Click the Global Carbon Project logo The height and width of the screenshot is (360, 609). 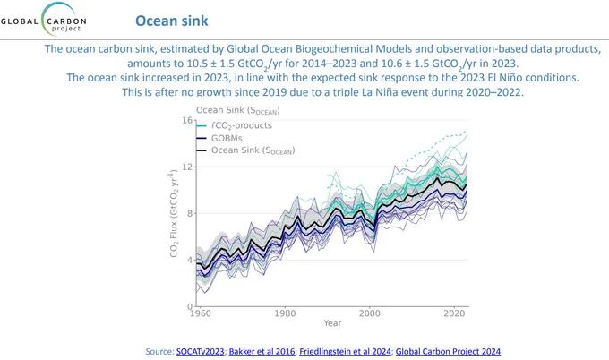44,20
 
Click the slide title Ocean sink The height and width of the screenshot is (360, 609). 172,21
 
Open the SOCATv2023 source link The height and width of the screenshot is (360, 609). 200,351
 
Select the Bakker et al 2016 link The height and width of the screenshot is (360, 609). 262,351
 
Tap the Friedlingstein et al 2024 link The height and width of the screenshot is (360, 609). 345,351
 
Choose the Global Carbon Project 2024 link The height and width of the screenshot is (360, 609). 448,351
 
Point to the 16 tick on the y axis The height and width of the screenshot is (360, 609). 187,120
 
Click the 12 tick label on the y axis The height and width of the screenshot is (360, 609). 187,167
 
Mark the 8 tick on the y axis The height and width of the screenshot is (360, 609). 190,214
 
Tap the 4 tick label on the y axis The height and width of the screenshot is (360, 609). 190,261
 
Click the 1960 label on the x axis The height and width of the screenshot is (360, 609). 201,313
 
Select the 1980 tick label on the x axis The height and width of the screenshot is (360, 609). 285,313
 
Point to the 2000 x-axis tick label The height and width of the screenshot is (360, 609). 370,313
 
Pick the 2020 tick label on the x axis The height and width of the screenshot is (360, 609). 454,313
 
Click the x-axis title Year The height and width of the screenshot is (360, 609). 332,323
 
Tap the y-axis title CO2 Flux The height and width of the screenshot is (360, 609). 174,214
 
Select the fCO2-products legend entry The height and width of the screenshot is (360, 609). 234,126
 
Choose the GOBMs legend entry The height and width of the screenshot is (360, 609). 219,138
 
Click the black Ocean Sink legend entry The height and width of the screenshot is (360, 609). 246,150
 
